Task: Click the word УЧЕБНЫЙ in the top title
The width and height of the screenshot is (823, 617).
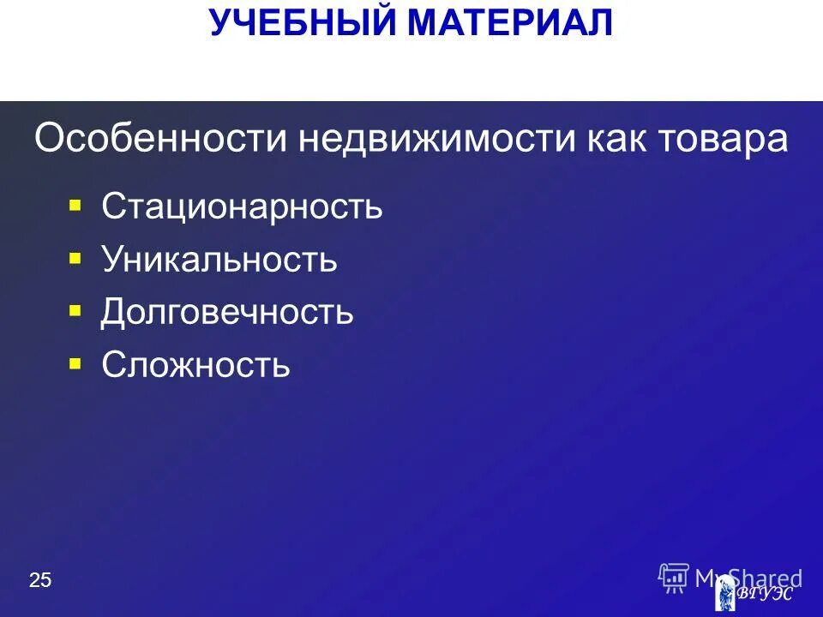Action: tap(303, 23)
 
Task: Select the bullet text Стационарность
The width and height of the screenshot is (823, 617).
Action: tap(242, 207)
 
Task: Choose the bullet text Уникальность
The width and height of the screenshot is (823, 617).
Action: tap(219, 260)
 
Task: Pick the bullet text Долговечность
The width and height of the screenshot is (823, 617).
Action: tap(227, 313)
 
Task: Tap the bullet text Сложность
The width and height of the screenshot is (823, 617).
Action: tap(195, 365)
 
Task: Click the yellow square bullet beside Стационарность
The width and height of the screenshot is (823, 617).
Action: tap(75, 206)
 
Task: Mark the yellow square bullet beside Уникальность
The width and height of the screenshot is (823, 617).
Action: tap(75, 258)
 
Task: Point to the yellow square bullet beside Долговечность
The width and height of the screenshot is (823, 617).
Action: tap(75, 310)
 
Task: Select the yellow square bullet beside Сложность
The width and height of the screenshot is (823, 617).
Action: tap(75, 363)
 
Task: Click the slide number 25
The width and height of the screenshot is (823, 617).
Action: tap(40, 581)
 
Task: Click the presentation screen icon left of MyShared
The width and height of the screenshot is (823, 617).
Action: tap(674, 578)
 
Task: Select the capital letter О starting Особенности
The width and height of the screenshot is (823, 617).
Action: tap(48, 139)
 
